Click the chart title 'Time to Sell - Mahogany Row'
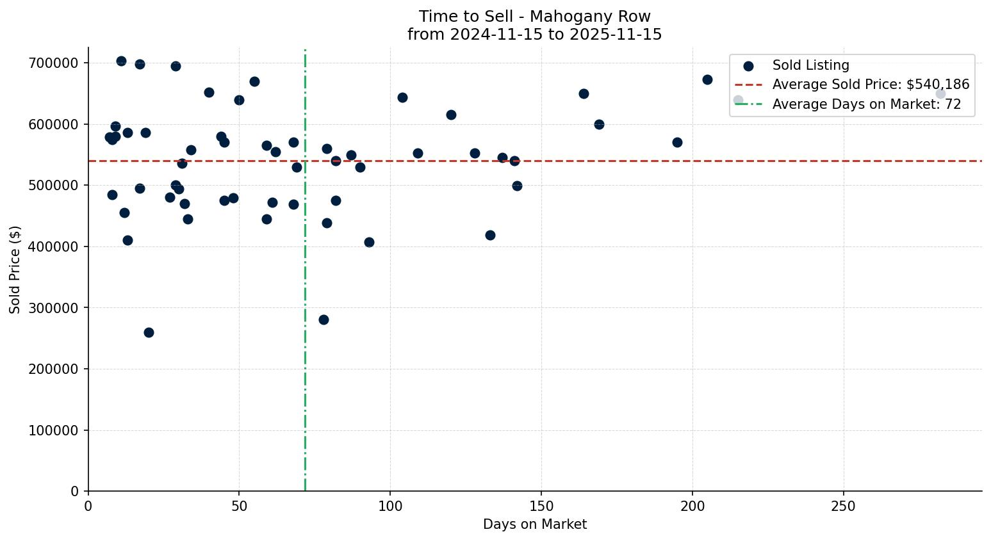(x=534, y=17)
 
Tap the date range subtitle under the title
(x=534, y=35)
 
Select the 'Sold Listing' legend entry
(x=810, y=65)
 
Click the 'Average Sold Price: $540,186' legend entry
(x=871, y=85)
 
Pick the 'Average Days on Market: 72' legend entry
(x=866, y=104)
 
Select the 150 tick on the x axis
(x=541, y=506)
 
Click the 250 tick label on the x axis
(x=843, y=506)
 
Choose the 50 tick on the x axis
(x=239, y=506)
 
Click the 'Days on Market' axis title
(x=534, y=524)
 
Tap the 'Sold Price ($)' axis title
(x=15, y=269)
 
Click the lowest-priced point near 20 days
(x=149, y=332)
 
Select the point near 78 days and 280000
(x=324, y=319)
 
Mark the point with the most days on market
(x=940, y=94)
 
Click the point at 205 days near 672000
(x=707, y=79)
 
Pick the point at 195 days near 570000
(x=677, y=142)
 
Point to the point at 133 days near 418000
(x=490, y=235)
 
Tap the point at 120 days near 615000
(x=451, y=115)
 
